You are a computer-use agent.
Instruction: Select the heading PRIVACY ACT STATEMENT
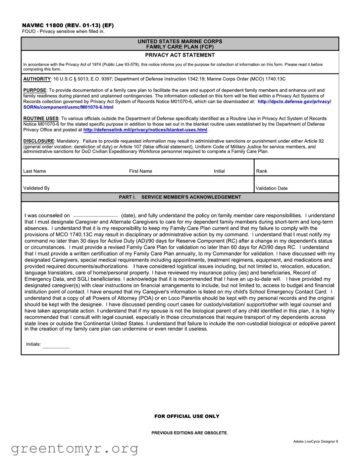[180, 55]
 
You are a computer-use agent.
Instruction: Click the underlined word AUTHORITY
[37, 79]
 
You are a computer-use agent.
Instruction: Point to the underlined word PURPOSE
[35, 90]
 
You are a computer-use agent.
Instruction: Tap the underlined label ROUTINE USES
[41, 119]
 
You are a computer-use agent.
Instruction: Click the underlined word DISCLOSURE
[39, 141]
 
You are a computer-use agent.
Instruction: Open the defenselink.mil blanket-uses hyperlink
[145, 130]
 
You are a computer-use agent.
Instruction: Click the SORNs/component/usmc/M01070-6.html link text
[68, 107]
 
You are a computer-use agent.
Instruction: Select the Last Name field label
[35, 171]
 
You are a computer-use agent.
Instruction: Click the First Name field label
[141, 171]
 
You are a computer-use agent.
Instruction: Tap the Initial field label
[219, 171]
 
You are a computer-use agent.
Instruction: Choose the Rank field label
[262, 171]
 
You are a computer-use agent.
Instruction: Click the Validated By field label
[36, 188]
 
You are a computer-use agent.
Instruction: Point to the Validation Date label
[271, 188]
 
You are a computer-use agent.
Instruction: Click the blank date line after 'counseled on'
[95, 216]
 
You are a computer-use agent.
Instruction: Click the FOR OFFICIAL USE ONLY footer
[187, 416]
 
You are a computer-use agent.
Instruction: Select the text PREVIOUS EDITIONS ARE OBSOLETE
[190, 433]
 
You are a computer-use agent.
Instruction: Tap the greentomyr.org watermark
[74, 449]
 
